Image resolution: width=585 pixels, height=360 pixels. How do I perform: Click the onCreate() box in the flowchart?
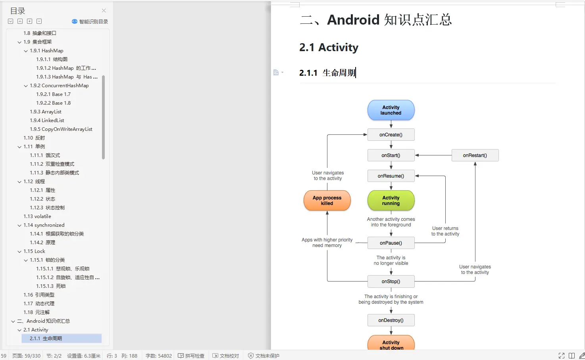tap(391, 135)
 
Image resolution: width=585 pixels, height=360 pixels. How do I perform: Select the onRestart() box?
tap(475, 155)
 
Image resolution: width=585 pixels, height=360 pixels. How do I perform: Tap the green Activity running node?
tap(391, 200)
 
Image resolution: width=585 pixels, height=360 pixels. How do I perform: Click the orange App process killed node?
tap(327, 200)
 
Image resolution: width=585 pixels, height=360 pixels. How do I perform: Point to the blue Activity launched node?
tap(391, 110)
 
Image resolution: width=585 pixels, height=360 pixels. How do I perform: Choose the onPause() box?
tap(391, 243)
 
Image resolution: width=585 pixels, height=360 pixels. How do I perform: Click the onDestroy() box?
tap(391, 320)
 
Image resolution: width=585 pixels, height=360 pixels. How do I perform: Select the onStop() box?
tap(391, 281)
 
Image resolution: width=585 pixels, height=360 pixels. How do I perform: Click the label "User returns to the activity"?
tap(445, 231)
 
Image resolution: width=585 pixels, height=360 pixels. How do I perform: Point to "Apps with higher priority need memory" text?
tap(327, 243)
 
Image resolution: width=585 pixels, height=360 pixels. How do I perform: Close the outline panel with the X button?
tap(104, 10)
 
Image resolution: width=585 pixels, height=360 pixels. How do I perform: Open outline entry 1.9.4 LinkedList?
tap(47, 120)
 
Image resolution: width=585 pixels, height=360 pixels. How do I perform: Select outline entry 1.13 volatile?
tap(37, 216)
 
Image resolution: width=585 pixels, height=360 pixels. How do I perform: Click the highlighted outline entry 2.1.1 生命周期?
tap(46, 338)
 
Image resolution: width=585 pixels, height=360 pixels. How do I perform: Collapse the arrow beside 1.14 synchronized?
tap(19, 225)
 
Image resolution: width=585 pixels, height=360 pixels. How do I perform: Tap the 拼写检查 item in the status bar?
tap(191, 356)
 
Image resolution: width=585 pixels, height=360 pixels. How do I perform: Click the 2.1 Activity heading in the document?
tap(329, 47)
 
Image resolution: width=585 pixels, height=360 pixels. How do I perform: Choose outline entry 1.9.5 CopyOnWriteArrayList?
tap(61, 129)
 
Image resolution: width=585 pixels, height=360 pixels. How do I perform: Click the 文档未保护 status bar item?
tap(264, 356)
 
